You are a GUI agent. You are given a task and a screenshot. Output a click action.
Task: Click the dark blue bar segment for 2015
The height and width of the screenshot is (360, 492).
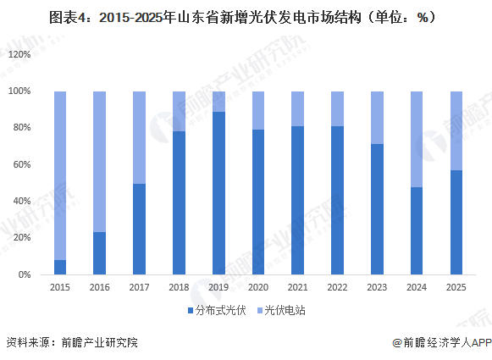point(60,267)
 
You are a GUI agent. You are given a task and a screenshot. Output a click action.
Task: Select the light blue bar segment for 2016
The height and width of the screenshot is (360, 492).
point(100,161)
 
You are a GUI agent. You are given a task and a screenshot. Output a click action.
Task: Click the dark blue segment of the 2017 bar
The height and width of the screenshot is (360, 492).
point(139,229)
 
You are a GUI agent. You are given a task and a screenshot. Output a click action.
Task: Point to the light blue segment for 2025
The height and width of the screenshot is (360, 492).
point(456,130)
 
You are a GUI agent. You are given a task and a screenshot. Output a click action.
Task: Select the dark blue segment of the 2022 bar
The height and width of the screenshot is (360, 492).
point(337,200)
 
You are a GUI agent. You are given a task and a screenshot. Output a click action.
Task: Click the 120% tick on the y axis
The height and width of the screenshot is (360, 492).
point(19,53)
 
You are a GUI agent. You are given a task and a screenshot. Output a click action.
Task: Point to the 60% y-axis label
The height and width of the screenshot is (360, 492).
point(21,164)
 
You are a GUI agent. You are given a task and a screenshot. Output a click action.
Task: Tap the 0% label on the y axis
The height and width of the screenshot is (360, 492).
point(24,275)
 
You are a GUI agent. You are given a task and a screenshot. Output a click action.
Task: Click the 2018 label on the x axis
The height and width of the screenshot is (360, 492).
point(179,288)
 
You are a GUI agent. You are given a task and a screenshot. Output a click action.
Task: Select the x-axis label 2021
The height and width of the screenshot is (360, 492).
point(298,288)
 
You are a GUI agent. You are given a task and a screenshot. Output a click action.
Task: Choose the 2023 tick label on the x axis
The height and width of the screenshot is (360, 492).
point(377,288)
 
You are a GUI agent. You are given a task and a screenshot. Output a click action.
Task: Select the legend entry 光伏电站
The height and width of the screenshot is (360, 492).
point(285,311)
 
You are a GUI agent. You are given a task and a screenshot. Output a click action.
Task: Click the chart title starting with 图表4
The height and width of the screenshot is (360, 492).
point(246,15)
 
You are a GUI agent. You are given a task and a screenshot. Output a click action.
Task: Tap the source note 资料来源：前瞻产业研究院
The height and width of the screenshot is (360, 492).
point(71,343)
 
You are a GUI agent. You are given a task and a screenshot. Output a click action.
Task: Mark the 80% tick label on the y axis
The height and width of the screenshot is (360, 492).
point(21,128)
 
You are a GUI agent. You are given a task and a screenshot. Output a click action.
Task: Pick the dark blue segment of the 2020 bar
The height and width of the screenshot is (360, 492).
point(258,202)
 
